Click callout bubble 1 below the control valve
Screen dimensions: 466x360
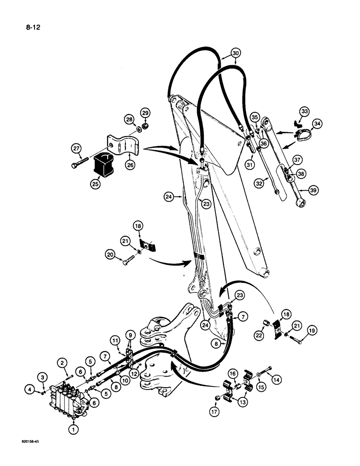pos(73,430)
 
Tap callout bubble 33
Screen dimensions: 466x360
pos(305,112)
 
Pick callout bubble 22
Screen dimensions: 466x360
pos(258,335)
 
